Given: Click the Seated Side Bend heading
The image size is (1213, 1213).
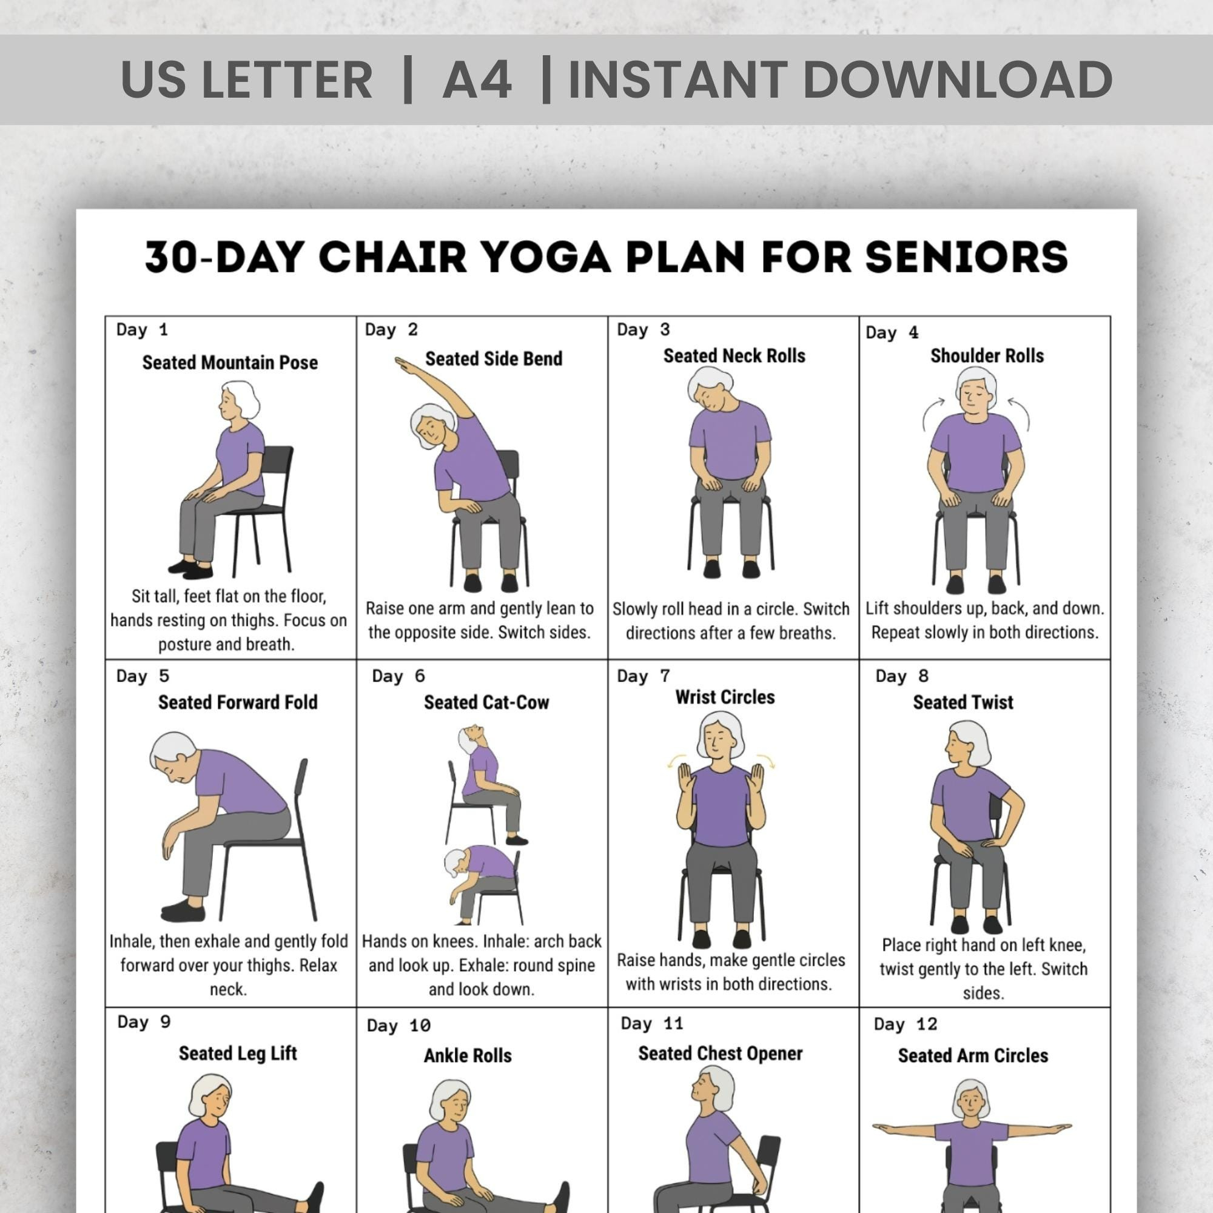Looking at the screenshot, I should point(494,358).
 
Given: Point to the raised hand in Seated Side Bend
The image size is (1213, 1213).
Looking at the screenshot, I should point(403,362).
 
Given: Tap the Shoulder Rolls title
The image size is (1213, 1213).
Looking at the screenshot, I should point(986,356).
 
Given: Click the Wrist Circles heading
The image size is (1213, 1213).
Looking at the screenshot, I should point(725,697).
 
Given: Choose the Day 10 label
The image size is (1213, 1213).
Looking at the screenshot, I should point(398,1026).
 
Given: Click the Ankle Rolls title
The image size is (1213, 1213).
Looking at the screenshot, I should point(467,1055).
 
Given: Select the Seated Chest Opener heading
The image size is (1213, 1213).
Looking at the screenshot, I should point(720,1053).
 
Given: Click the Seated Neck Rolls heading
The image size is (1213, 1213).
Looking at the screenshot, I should point(734,356).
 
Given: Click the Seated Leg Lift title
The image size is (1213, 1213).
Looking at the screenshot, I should point(237,1053).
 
